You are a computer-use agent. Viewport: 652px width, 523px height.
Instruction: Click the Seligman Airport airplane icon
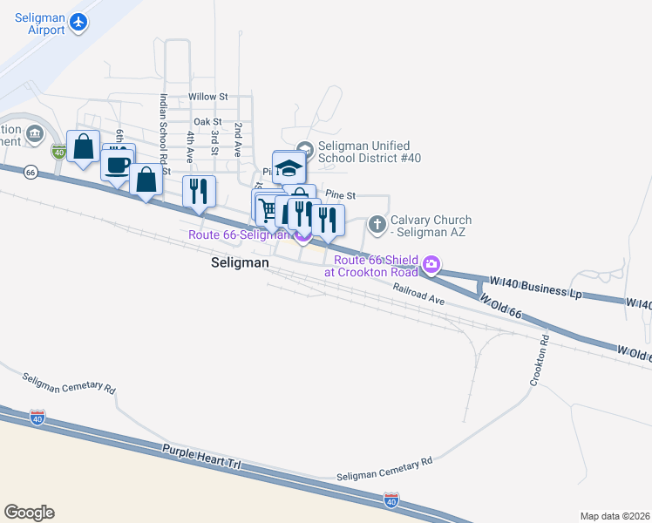tap(79, 22)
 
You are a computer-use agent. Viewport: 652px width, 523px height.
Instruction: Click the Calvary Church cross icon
tap(377, 225)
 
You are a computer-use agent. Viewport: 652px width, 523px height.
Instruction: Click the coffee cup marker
tap(117, 163)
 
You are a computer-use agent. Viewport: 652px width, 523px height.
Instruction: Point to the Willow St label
tap(208, 97)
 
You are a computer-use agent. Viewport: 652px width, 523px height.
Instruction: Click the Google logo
tap(29, 513)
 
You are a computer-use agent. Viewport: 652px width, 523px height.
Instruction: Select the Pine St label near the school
tap(340, 196)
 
